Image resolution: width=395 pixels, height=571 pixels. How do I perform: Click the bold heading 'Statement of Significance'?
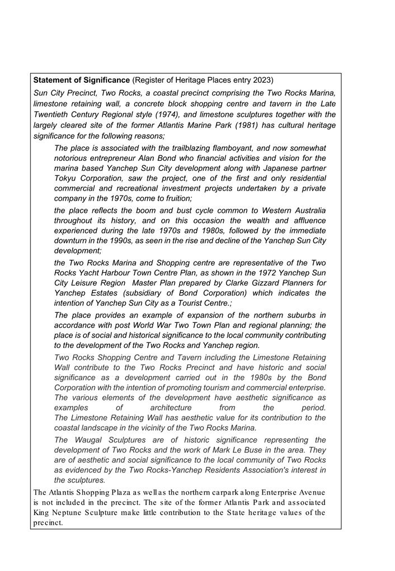[x=82, y=80]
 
